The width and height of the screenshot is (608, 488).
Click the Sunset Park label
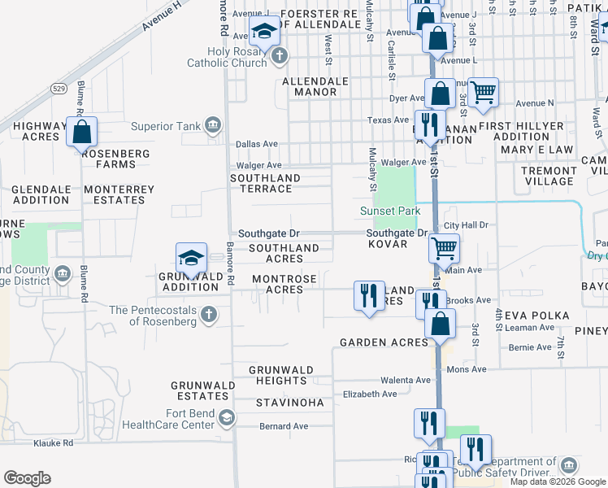click(390, 211)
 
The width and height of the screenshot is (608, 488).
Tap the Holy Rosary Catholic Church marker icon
click(280, 56)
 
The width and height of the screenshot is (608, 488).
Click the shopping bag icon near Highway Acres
click(81, 131)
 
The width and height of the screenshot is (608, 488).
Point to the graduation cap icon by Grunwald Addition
click(191, 258)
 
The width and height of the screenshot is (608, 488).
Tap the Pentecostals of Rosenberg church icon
click(208, 314)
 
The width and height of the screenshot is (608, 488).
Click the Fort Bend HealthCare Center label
click(169, 419)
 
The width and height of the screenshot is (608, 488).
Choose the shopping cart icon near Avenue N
click(483, 92)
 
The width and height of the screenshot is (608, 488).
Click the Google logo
click(27, 478)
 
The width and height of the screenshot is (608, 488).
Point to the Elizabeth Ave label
click(370, 394)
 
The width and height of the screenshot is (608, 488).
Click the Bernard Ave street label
click(284, 425)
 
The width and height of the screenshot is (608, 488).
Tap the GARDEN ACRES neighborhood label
click(384, 342)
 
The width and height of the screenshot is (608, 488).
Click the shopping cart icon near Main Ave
click(444, 247)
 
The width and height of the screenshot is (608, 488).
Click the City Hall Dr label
click(465, 225)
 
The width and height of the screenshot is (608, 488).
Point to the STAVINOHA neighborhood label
click(289, 403)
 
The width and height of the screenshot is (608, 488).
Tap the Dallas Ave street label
click(257, 144)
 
